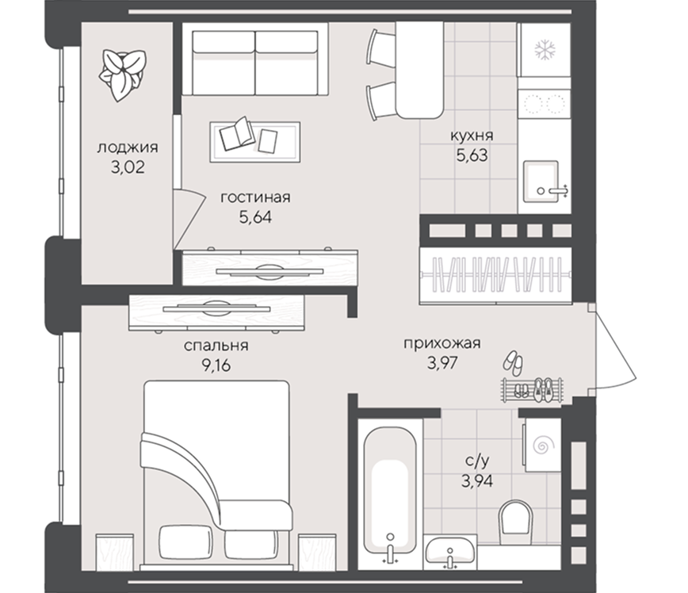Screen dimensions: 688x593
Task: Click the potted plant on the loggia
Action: click(122, 75)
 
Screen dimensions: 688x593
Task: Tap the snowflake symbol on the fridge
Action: click(545, 49)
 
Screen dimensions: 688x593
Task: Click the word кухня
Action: click(472, 136)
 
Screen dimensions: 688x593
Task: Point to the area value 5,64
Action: click(255, 217)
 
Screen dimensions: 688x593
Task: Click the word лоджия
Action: click(128, 147)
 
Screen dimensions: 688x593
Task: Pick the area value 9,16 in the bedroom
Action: click(216, 365)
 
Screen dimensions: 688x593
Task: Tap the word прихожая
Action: click(442, 342)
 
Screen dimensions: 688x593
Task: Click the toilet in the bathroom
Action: click(515, 517)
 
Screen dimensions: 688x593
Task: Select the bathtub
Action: click(390, 495)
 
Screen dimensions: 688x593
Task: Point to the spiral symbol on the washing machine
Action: click(543, 446)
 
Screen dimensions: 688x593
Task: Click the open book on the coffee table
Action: click(237, 133)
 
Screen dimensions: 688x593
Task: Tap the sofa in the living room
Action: click(255, 59)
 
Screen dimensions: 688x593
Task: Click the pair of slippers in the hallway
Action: click(513, 362)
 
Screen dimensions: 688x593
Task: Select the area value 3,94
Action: click(477, 480)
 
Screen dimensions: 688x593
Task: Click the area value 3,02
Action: click(128, 167)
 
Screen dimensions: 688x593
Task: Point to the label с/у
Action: click(477, 461)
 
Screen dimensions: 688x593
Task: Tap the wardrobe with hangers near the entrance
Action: click(496, 275)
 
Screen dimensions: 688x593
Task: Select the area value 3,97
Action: click(442, 363)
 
